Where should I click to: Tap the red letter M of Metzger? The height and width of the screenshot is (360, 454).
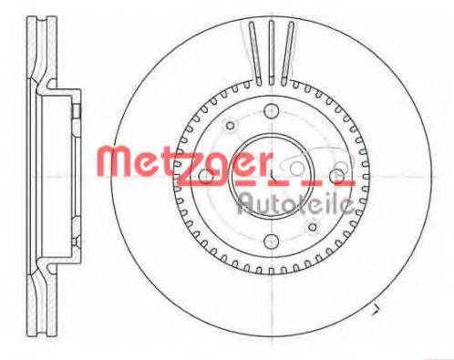tap(114, 163)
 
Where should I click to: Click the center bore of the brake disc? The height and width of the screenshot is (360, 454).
tap(273, 174)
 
